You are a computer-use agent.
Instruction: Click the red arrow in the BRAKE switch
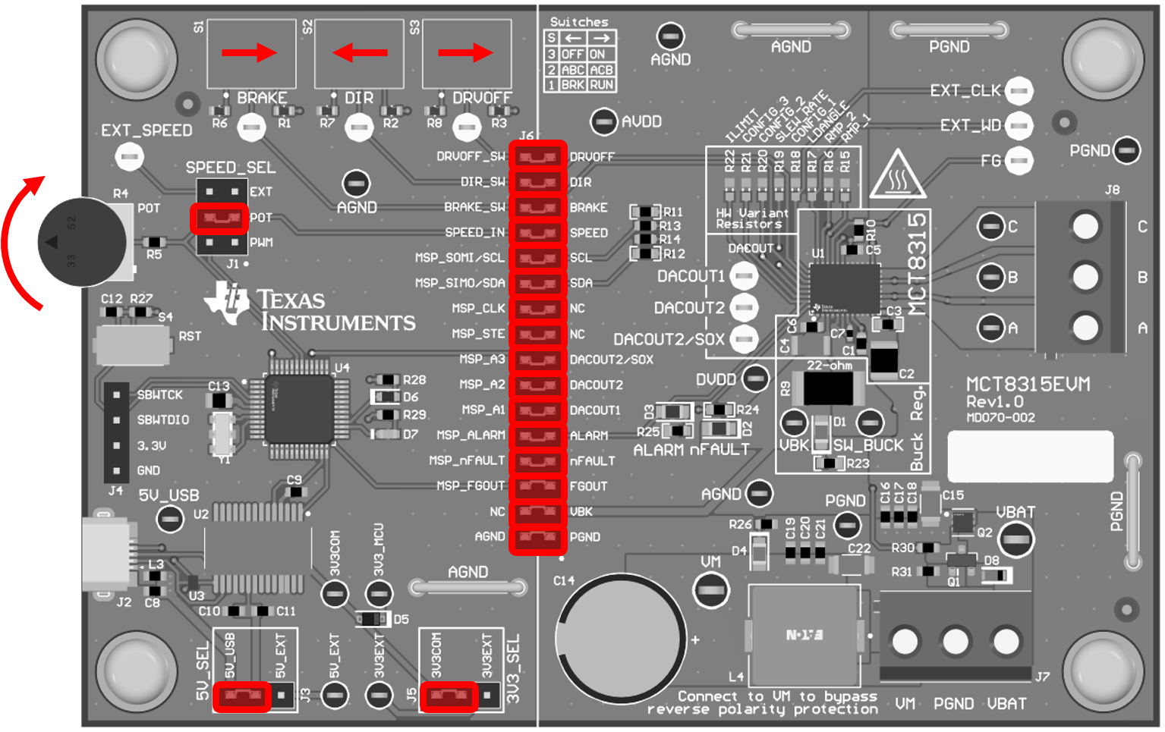(250, 53)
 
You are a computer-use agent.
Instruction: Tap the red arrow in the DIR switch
(360, 53)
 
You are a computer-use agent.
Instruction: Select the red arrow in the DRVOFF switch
(466, 53)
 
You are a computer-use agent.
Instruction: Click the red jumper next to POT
(219, 218)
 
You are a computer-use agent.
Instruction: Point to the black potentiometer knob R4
(82, 242)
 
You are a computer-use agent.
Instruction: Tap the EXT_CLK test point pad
(1019, 91)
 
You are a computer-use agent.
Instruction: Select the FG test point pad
(1019, 161)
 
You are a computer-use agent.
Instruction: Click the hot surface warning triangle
(897, 176)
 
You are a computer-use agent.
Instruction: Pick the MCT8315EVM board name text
(1028, 385)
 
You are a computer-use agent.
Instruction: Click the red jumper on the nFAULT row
(537, 461)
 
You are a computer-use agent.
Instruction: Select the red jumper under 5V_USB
(241, 696)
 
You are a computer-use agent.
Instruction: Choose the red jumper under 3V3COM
(449, 696)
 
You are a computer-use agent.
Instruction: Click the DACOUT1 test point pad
(744, 276)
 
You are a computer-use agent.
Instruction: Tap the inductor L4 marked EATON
(804, 635)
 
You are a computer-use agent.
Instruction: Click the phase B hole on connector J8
(1085, 277)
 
